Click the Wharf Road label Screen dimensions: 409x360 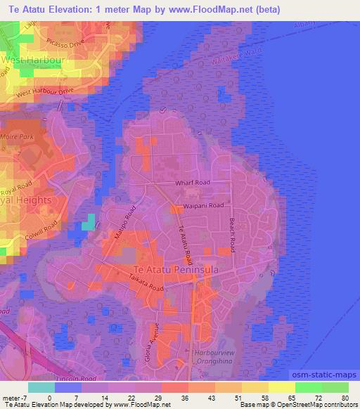click(x=193, y=183)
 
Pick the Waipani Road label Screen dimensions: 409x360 click(x=204, y=205)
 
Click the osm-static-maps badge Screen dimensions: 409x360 click(x=330, y=373)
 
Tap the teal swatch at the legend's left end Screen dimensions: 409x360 click(x=41, y=387)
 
